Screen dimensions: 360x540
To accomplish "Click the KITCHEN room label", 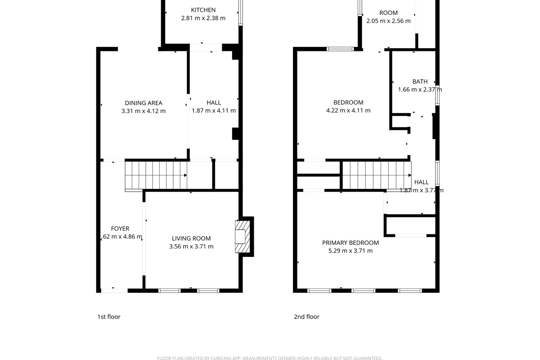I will click(203, 10).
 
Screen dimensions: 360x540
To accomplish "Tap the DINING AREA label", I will click(144, 103).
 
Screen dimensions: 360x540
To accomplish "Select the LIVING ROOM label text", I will click(191, 238).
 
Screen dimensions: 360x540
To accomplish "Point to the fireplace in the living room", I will click(243, 237).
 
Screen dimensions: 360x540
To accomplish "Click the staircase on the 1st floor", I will click(155, 175).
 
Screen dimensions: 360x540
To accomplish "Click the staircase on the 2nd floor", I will click(377, 175).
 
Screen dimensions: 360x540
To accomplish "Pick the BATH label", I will click(420, 81).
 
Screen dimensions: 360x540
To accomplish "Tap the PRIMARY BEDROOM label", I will click(351, 243).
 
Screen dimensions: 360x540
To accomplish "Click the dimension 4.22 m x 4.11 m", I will click(348, 111).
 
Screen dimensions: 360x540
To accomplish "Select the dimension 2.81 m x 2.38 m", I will click(203, 18).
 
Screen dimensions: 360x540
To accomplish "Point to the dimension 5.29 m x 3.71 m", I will click(351, 251).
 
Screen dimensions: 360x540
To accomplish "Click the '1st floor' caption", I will click(109, 317).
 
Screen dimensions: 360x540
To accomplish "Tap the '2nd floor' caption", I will click(306, 317).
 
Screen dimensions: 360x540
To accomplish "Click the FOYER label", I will click(120, 229).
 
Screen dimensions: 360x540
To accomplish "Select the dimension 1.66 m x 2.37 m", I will click(420, 90).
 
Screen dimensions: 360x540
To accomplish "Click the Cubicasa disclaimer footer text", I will click(270, 358).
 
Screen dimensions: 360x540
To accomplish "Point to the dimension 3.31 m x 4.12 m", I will click(144, 111).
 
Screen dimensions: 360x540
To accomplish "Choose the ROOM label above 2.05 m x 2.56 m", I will click(388, 13).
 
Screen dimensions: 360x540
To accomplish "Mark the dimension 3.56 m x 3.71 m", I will click(191, 247).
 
